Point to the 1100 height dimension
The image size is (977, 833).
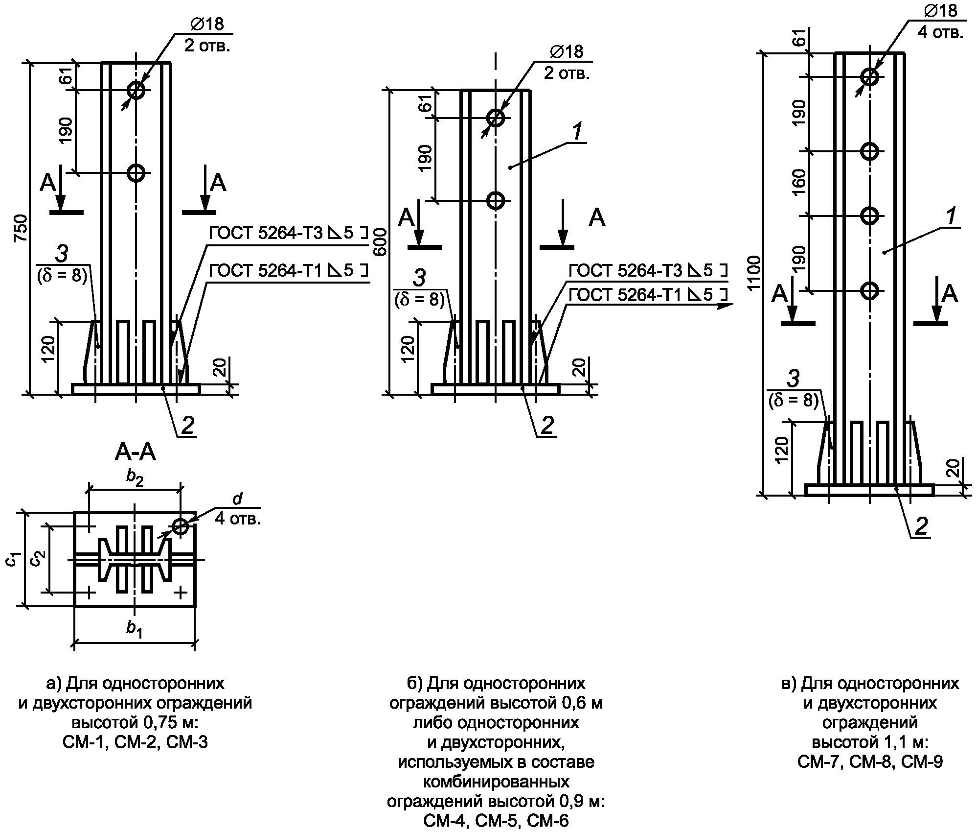click(x=755, y=272)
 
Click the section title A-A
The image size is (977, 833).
click(x=136, y=453)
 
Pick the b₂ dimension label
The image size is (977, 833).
click(x=135, y=477)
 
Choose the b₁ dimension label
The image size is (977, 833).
click(x=135, y=628)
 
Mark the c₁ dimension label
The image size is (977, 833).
click(x=13, y=558)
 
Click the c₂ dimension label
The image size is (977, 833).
click(x=37, y=558)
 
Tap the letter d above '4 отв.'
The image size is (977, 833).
click(x=237, y=499)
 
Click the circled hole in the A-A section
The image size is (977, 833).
click(x=181, y=526)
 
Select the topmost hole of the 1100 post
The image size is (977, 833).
click(x=870, y=76)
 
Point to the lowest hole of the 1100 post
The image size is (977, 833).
click(x=870, y=291)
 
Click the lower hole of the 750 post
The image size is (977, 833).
click(x=136, y=172)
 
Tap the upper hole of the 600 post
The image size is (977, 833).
click(x=496, y=118)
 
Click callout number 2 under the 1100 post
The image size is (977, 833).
click(x=921, y=526)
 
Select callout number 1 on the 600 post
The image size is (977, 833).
click(x=577, y=132)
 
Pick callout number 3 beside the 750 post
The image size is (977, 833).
click(x=61, y=254)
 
